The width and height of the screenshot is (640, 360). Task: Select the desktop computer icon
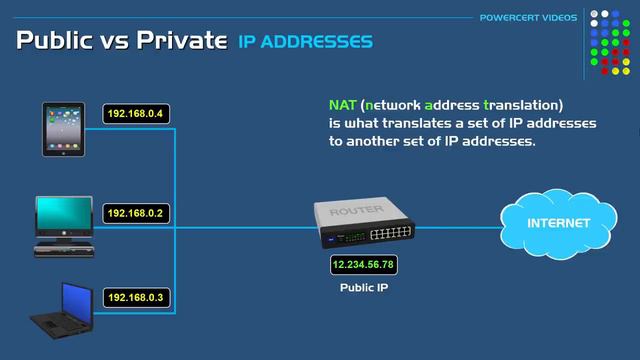(x=64, y=225)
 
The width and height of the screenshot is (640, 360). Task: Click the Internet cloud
(x=558, y=224)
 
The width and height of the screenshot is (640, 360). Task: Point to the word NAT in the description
(x=342, y=105)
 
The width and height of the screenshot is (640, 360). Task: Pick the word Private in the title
(x=186, y=42)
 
